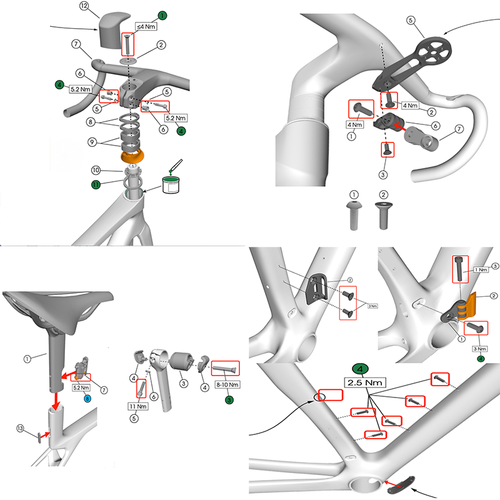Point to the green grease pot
(171, 184)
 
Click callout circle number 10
(96, 170)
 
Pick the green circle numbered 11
(96, 184)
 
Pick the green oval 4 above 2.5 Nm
(363, 368)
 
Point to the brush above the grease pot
(176, 166)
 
